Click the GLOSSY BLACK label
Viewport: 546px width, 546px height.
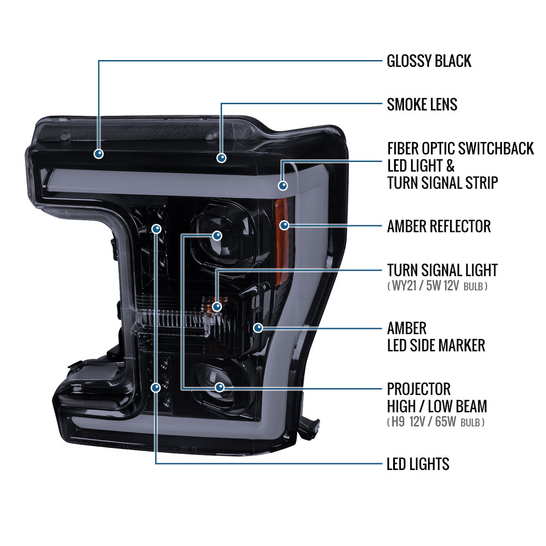tap(429, 61)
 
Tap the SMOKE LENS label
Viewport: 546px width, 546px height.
tap(422, 104)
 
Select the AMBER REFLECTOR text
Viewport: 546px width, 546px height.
tap(439, 226)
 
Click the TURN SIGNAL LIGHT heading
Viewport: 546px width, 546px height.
tap(442, 270)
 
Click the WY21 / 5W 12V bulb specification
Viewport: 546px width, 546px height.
tap(437, 286)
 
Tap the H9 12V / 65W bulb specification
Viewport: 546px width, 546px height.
tap(436, 422)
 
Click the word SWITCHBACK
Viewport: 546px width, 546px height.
tap(496, 148)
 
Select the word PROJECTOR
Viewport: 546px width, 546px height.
tap(419, 389)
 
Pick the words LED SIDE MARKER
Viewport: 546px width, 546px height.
tap(436, 345)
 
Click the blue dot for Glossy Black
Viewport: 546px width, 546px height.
tap(99, 154)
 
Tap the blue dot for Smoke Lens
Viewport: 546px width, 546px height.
tap(221, 158)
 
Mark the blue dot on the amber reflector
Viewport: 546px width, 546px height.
tap(284, 225)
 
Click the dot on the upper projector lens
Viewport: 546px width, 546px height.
tap(217, 235)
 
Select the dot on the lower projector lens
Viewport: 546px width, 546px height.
tap(220, 387)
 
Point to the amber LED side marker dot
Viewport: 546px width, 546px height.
tap(258, 328)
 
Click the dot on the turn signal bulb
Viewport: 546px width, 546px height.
tap(217, 306)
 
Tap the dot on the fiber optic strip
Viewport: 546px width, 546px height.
tap(283, 186)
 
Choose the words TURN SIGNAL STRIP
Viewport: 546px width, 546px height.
tap(442, 182)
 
